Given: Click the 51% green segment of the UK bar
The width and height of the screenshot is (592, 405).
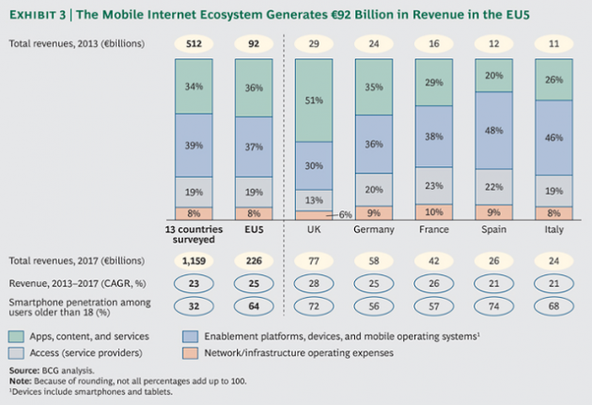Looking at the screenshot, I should click(314, 101).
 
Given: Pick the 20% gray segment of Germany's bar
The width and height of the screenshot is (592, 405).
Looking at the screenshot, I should click(374, 188).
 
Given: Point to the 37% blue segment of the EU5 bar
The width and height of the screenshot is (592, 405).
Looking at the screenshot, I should click(253, 147).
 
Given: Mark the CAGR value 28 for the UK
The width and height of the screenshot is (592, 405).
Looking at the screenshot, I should click(314, 283).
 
